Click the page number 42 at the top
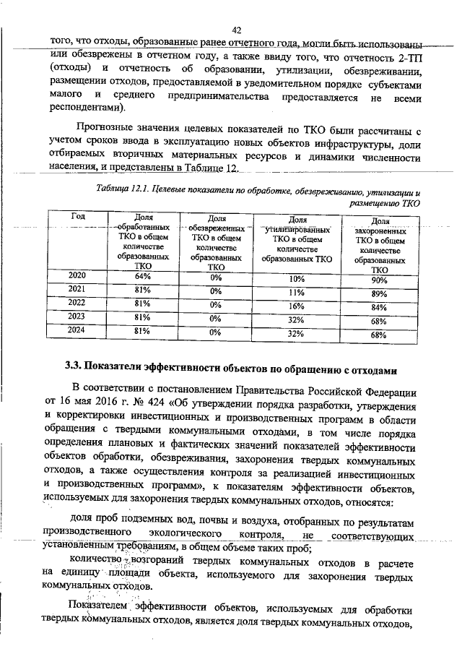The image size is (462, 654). [x=236, y=30]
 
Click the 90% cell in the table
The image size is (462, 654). [x=380, y=280]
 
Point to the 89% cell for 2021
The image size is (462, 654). [x=379, y=294]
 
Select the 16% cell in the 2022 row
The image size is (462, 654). [x=296, y=306]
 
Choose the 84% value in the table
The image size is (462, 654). [x=379, y=307]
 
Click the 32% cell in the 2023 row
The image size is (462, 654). [x=296, y=320]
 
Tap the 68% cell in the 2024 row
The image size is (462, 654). [x=379, y=335]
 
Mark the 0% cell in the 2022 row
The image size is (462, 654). [x=215, y=305]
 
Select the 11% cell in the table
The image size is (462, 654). [x=296, y=293]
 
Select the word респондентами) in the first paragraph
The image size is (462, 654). [x=87, y=108]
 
